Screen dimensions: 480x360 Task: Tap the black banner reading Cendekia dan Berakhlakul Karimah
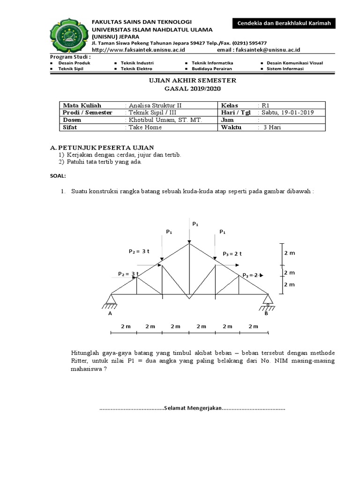pos(284,23)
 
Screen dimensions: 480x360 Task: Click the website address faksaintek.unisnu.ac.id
pos(139,49)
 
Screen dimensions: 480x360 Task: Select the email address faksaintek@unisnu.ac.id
pos(270,49)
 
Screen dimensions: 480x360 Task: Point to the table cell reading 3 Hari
pos(272,127)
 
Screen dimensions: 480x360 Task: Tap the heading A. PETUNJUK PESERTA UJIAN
pos(102,148)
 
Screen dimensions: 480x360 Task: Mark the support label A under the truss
pos(110,314)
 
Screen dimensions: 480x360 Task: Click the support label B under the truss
pos(266,314)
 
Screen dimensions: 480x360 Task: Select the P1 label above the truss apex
pos(195,225)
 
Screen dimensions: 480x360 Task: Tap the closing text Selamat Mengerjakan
pos(192,408)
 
